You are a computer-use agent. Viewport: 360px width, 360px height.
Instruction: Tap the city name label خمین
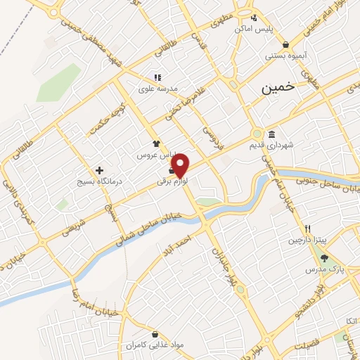click(x=276, y=89)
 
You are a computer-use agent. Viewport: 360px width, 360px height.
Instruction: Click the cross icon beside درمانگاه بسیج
click(x=100, y=170)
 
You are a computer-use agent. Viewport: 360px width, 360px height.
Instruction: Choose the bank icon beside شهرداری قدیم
click(x=271, y=135)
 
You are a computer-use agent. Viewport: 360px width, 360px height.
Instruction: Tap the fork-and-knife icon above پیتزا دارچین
click(x=307, y=229)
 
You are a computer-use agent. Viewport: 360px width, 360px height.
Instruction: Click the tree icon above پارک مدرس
click(x=324, y=258)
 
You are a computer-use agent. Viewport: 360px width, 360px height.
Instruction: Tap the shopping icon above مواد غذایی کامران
click(x=154, y=334)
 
